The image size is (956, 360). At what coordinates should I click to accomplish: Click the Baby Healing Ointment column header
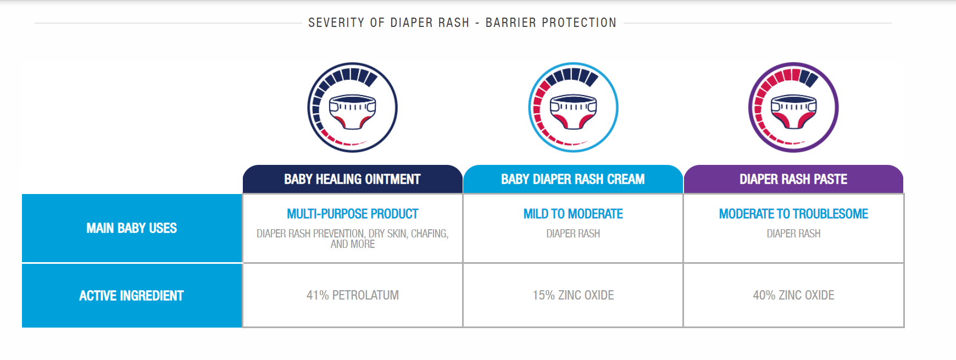coord(352,179)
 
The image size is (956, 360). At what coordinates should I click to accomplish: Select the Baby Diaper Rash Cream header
coord(573,179)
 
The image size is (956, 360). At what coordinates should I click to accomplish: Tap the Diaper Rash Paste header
coord(793,179)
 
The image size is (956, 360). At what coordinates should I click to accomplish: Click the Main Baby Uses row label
coord(132,228)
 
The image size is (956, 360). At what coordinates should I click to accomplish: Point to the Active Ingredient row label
coord(132,296)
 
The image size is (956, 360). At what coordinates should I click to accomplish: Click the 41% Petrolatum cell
coord(353,295)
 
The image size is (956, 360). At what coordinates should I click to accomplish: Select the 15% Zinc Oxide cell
coord(573,295)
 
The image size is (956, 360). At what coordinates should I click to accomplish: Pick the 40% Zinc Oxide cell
coord(793,295)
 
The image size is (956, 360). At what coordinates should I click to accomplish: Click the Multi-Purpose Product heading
coord(353,214)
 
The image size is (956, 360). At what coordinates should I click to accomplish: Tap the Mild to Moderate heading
coord(573,214)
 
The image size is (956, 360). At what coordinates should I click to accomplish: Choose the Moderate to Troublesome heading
coord(793,214)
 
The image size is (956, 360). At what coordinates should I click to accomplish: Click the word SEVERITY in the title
coord(336,23)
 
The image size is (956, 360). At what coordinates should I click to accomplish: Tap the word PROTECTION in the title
coord(579,23)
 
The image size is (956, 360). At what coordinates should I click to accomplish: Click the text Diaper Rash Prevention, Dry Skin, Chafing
coord(353,234)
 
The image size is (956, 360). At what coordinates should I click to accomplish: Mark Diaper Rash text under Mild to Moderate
coord(573,234)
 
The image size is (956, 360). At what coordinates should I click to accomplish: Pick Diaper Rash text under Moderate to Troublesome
coord(793,234)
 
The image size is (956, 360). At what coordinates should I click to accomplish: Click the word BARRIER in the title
coord(511,23)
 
